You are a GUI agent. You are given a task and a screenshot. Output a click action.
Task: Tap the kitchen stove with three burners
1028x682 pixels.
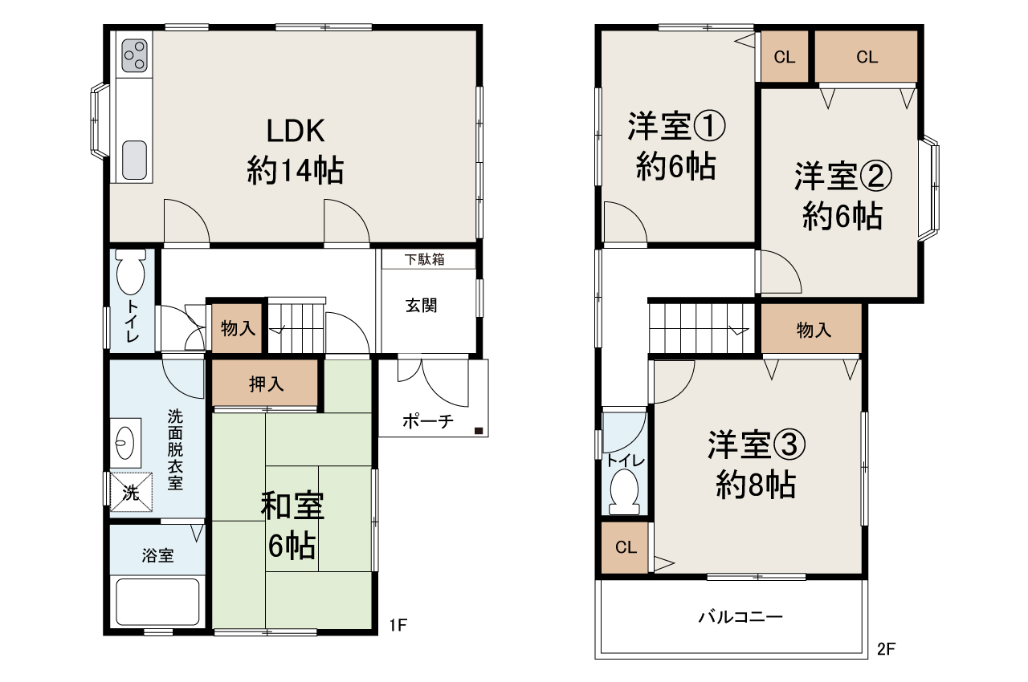tap(134, 55)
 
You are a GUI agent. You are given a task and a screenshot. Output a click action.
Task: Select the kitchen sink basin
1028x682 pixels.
tap(134, 160)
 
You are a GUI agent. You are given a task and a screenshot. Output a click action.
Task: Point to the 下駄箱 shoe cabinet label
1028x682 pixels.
tap(425, 260)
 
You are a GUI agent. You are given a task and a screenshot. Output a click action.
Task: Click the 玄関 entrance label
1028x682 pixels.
tap(421, 306)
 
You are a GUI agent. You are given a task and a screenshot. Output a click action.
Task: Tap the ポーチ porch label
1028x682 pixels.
tap(428, 421)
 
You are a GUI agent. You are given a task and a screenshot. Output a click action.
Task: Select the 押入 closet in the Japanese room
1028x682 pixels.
tap(266, 384)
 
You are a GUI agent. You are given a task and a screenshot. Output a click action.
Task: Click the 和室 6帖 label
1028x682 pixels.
tap(292, 526)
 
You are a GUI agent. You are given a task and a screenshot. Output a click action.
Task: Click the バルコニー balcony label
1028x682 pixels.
tap(740, 617)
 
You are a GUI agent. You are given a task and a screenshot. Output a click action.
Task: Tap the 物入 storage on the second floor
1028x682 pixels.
tap(813, 330)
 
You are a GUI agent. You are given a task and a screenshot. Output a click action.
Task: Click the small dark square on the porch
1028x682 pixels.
tap(479, 431)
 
